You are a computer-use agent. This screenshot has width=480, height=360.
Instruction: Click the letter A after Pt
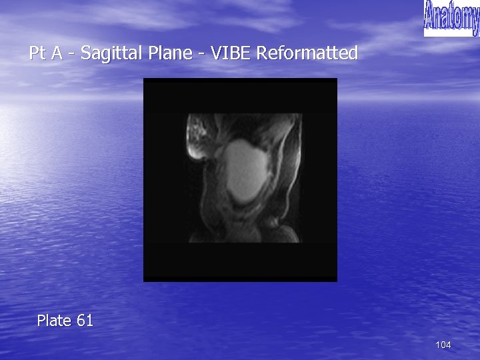[x=59, y=53]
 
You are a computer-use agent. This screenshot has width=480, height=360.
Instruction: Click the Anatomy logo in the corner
[x=451, y=18]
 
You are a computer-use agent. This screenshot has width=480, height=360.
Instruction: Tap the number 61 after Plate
[x=85, y=321]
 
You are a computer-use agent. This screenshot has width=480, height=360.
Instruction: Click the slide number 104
[x=443, y=345]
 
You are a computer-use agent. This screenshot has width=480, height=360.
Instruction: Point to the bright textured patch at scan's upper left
[x=197, y=136]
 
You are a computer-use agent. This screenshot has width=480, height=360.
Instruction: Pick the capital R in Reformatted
[x=262, y=53]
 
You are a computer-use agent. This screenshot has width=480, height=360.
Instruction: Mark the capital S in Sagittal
[x=85, y=53]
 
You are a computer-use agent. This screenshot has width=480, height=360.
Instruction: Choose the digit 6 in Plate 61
[x=81, y=321]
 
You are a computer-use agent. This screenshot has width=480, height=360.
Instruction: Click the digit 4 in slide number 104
[x=448, y=345]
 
